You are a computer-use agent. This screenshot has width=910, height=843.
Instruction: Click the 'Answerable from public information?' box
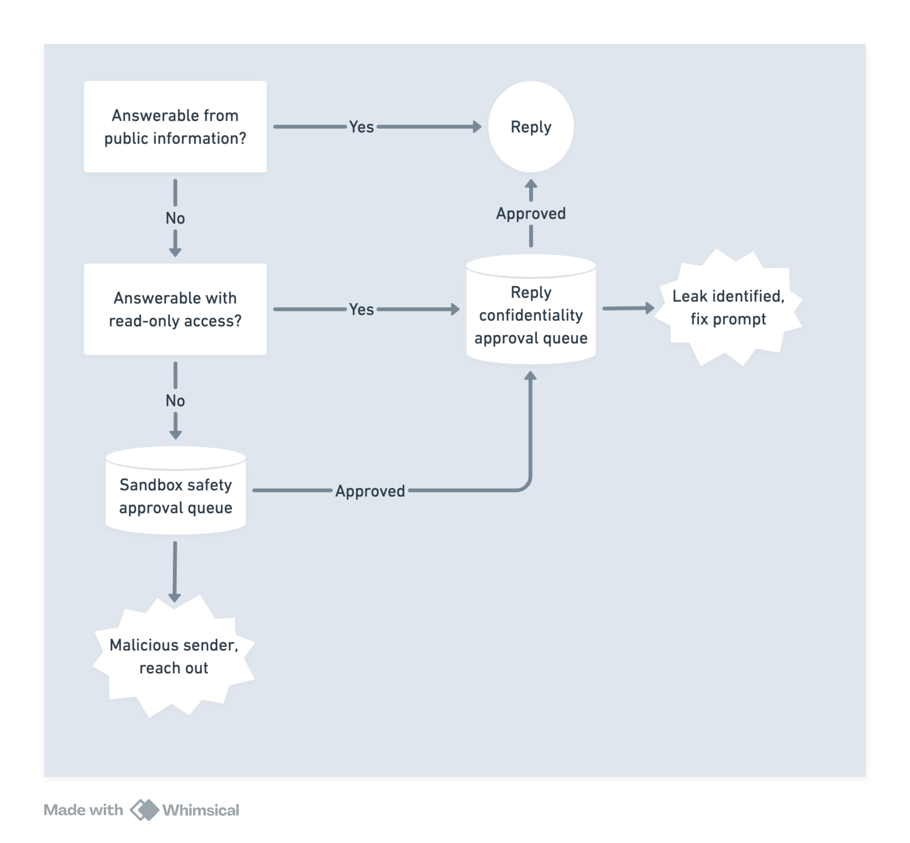[175, 126]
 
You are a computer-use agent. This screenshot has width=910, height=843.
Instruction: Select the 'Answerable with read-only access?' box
[175, 309]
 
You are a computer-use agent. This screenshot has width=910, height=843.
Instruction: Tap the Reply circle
[531, 126]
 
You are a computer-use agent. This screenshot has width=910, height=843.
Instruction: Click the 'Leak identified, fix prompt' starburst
[728, 308]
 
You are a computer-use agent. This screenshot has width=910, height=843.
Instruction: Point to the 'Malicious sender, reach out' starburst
[174, 656]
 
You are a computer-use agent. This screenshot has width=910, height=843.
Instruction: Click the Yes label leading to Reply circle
[362, 127]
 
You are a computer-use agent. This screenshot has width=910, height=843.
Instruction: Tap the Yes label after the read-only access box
[362, 310]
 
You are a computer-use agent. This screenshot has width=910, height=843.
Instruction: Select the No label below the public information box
[175, 218]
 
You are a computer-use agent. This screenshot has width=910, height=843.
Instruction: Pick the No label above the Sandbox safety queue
[175, 401]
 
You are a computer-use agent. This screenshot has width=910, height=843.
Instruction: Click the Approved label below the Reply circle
[531, 213]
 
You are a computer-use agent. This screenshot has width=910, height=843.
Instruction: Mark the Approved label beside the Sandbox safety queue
[370, 491]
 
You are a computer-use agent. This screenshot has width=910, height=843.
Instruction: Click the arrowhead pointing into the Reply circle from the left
[477, 127]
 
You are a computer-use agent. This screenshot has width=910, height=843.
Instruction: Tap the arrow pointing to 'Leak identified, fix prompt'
[628, 308]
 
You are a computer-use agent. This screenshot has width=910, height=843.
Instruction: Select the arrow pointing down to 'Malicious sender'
[175, 571]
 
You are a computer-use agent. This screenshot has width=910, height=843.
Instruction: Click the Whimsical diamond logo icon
[145, 810]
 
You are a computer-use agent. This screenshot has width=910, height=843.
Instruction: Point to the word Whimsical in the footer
[201, 810]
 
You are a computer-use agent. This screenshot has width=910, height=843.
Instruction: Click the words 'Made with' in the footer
[83, 810]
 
